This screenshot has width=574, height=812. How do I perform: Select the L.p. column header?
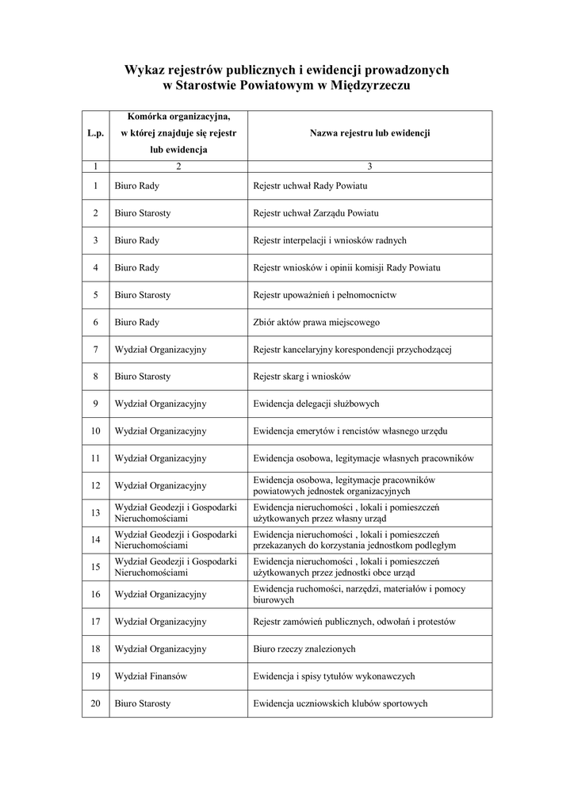[95, 134]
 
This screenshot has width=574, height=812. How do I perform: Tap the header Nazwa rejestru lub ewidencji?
[369, 134]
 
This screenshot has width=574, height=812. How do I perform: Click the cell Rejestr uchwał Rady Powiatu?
[310, 186]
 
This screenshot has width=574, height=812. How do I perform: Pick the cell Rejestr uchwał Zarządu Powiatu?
[316, 213]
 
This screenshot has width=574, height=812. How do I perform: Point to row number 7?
[95, 349]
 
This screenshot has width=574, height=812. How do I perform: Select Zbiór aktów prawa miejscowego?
[316, 322]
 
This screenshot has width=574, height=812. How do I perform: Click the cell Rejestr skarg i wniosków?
[301, 376]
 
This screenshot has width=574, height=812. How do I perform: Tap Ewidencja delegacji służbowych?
[316, 404]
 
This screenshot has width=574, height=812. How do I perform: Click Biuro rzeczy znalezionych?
[304, 649]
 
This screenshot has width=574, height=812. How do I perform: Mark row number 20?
[95, 703]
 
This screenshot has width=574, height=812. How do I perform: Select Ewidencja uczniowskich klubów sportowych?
[341, 703]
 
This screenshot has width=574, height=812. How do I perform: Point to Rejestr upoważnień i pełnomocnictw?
[324, 295]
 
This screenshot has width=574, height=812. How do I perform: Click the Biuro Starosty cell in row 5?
[143, 295]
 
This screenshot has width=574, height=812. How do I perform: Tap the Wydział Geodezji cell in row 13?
[176, 512]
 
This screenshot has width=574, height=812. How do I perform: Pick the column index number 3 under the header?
[369, 167]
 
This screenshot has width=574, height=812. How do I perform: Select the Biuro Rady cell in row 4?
[137, 267]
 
